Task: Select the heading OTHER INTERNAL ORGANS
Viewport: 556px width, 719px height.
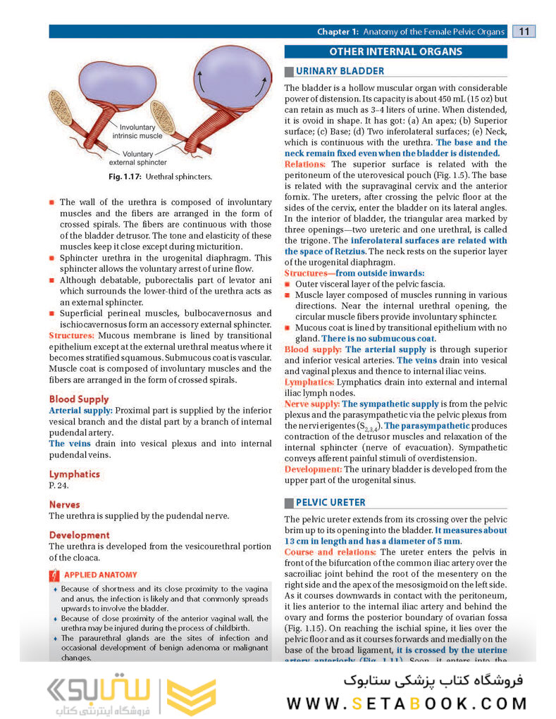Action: [x=395, y=51]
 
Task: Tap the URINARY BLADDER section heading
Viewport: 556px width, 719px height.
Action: [x=340, y=70]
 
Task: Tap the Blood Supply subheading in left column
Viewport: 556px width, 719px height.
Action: [x=79, y=399]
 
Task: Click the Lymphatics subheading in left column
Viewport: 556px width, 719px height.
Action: [x=74, y=474]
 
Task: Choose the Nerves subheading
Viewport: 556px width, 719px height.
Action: [x=64, y=504]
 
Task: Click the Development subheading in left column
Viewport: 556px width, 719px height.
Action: [x=79, y=534]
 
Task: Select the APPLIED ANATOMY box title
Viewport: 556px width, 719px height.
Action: [x=101, y=575]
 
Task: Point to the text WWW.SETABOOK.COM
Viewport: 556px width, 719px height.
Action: [x=407, y=703]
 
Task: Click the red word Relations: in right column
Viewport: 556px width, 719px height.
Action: [x=305, y=164]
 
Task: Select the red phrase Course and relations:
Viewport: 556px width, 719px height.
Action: [x=330, y=552]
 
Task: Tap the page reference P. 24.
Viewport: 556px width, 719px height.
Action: [x=58, y=486]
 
